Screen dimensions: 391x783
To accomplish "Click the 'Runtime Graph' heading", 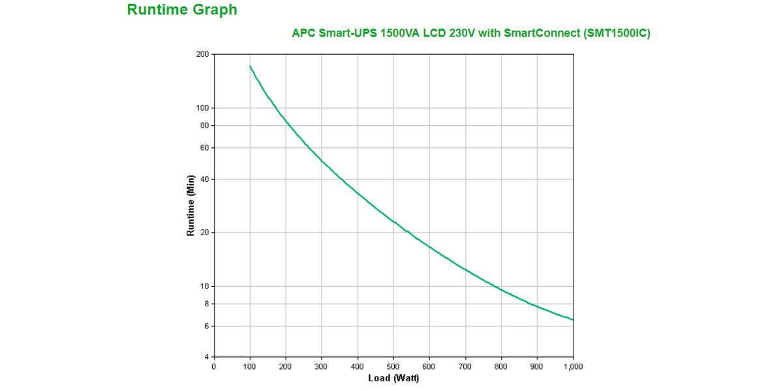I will point(182,10).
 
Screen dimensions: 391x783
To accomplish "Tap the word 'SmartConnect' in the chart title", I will point(539,33).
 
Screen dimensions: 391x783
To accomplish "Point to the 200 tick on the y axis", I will point(202,54).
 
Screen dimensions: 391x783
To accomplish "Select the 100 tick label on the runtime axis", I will point(202,108).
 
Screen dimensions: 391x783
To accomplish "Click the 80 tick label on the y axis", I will point(204,125).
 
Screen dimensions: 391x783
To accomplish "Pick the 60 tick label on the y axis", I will point(204,148).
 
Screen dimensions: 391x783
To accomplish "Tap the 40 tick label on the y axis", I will point(204,179).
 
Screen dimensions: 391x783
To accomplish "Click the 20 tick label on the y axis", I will point(204,233).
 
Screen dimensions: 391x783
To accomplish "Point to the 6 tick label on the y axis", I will point(206,326).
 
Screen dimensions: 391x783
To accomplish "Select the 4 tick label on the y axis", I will point(206,357).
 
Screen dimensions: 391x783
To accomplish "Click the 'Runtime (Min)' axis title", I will point(191,205).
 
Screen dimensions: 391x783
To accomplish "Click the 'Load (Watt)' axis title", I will point(393,379).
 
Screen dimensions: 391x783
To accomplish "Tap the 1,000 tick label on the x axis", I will point(573,367).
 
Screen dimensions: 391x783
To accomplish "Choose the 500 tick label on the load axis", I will point(393,367).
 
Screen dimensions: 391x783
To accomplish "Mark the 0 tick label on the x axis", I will point(214,367).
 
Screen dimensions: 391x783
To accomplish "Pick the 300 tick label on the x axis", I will point(322,367).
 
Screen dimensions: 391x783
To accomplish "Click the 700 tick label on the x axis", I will point(465,367).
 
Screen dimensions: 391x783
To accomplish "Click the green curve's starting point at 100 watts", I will point(251,66).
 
